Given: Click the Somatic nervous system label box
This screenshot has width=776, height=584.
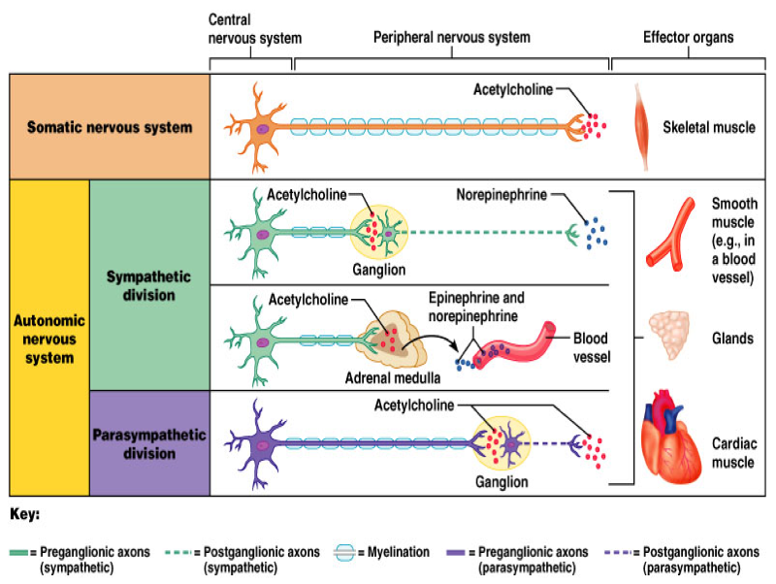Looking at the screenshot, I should coord(110,126).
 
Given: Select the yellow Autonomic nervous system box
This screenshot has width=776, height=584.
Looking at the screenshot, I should coord(49,338).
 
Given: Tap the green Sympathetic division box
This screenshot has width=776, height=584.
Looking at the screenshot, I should coord(148,284).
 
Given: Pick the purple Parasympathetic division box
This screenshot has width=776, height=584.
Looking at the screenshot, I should coord(148,443).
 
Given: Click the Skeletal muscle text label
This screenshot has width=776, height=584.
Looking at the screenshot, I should coord(708,127).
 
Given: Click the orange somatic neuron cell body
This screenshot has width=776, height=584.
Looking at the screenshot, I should coord(263,127).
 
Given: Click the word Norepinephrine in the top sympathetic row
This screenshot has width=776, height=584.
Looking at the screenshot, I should coord(501,195).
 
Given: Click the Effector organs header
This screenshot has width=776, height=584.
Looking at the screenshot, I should coord(688,38).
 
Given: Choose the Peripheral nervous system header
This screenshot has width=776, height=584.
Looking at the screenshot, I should coord(452,38).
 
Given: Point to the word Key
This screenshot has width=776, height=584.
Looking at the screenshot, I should coord(24,514).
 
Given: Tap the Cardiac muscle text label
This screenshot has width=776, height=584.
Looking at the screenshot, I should coord(732,453).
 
